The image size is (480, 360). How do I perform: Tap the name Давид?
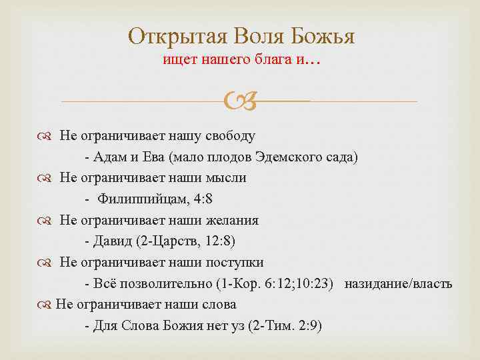pos(109,241)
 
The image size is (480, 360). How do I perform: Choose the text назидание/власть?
pos(398,284)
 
